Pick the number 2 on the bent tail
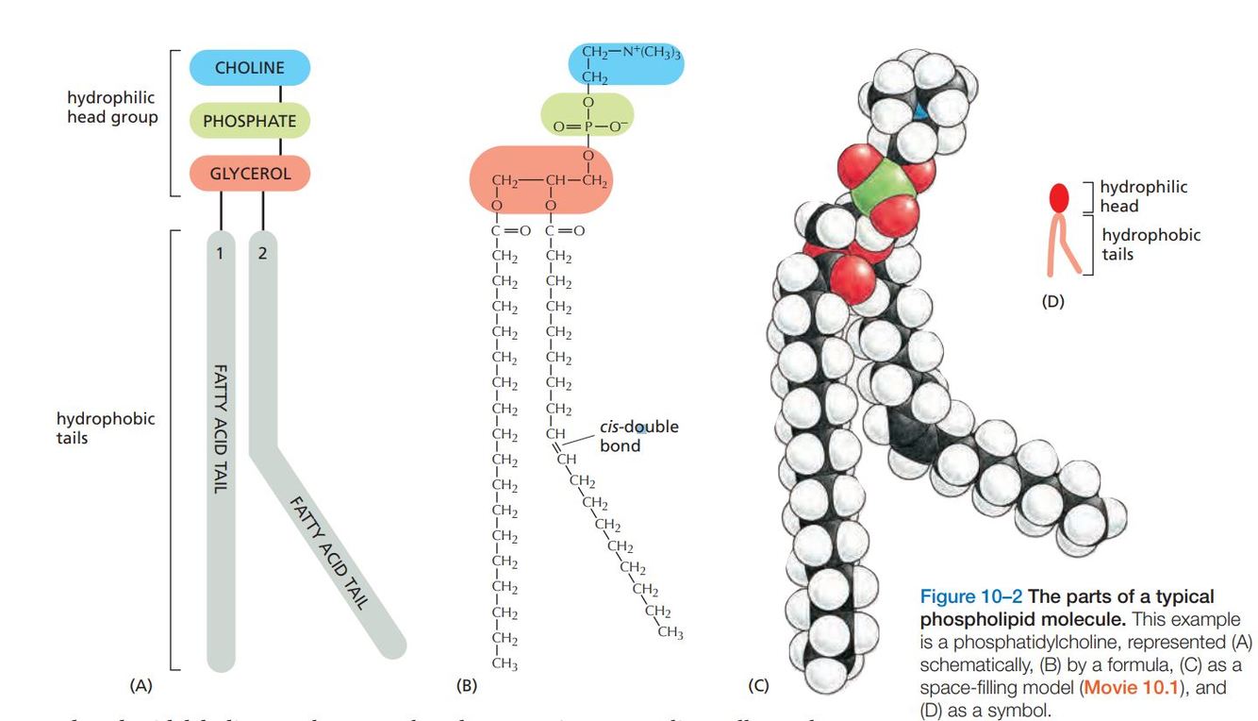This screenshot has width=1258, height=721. (x=262, y=254)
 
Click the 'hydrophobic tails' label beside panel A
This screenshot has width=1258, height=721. (x=92, y=428)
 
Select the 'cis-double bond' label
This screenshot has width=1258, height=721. (x=638, y=436)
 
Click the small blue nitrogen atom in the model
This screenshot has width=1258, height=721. (x=919, y=112)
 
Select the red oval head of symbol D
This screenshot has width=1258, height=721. (x=1060, y=197)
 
